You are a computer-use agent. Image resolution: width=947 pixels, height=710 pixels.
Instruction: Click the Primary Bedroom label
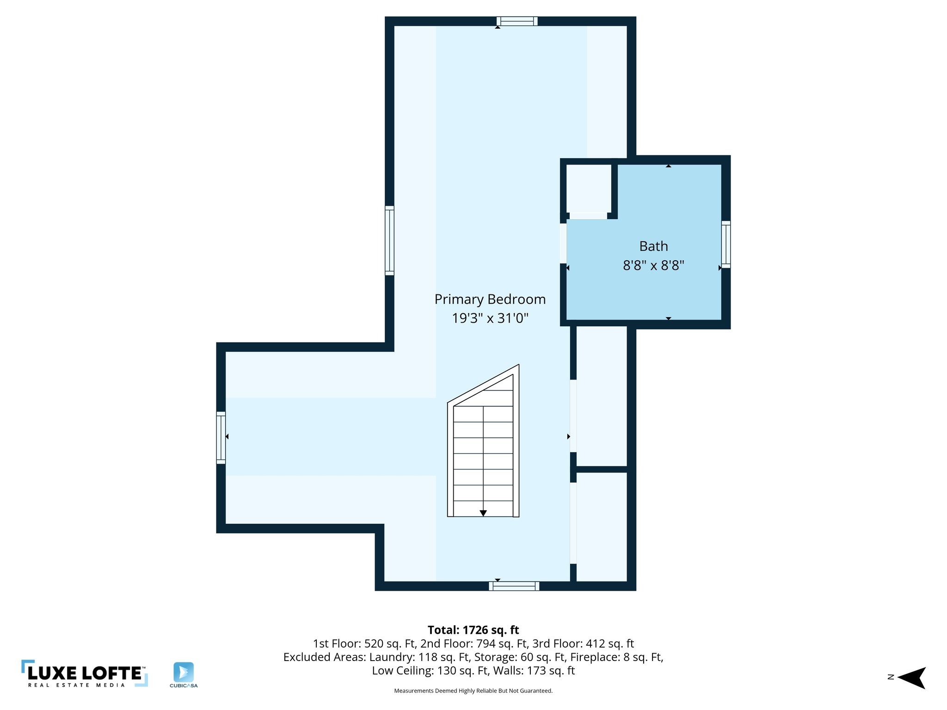[x=490, y=300]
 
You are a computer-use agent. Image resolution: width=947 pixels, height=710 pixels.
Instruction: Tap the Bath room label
[x=653, y=246]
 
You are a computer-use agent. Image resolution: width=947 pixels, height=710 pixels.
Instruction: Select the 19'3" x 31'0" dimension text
[x=490, y=318]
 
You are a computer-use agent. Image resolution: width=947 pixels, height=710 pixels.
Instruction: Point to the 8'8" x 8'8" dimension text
[x=653, y=266]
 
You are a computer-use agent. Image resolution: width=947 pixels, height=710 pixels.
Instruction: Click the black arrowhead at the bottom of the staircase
[x=483, y=513]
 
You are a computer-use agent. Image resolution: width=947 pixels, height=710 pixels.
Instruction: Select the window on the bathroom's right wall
[x=726, y=245]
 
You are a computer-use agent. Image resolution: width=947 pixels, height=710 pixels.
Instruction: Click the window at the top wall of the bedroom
[x=517, y=21]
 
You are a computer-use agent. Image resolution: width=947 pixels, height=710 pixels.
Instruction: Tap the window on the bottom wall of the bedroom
[x=514, y=586]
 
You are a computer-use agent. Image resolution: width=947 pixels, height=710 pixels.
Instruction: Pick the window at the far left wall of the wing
[x=221, y=437]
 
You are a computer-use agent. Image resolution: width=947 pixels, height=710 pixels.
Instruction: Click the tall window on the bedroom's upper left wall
[x=389, y=240]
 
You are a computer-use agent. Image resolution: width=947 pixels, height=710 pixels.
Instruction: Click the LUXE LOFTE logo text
[x=85, y=673]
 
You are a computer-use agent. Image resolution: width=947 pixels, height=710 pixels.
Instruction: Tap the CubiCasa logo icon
[x=184, y=672]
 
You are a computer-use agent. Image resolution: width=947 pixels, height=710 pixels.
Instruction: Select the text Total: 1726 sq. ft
[x=473, y=630]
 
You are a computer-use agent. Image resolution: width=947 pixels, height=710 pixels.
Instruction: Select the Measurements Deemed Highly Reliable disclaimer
[x=473, y=691]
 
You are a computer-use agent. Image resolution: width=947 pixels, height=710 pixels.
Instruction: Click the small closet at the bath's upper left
[x=589, y=189]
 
